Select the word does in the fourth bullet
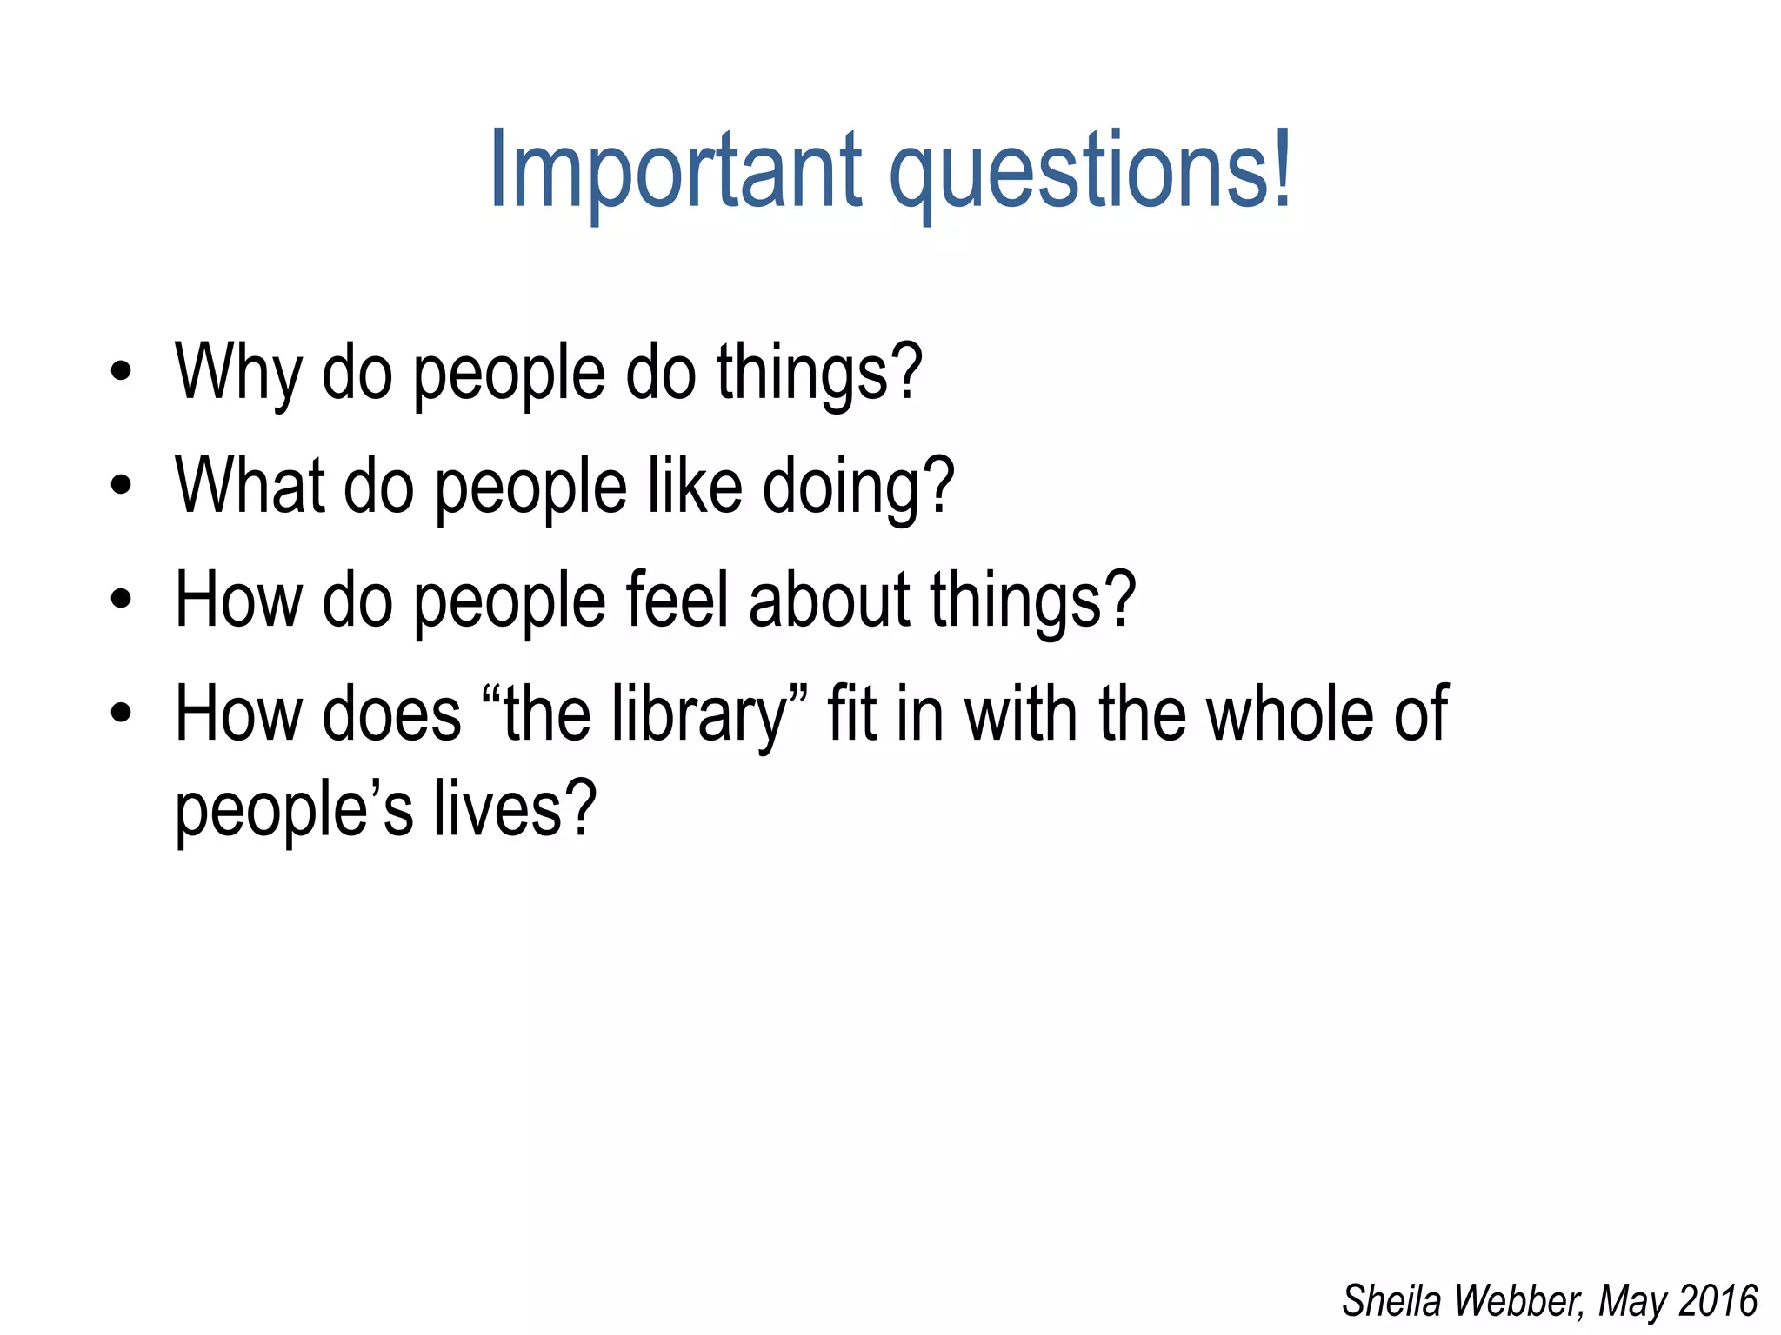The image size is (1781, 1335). [391, 714]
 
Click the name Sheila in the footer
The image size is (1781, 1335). [1393, 1301]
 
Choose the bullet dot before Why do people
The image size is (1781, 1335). [121, 372]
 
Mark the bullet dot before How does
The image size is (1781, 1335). [121, 714]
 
